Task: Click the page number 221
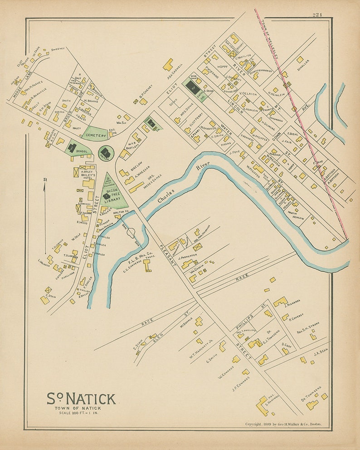[316, 15]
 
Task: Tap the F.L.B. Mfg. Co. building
[147, 265]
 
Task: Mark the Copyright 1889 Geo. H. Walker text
[283, 424]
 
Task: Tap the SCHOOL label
[82, 152]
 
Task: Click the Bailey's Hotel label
[87, 175]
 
